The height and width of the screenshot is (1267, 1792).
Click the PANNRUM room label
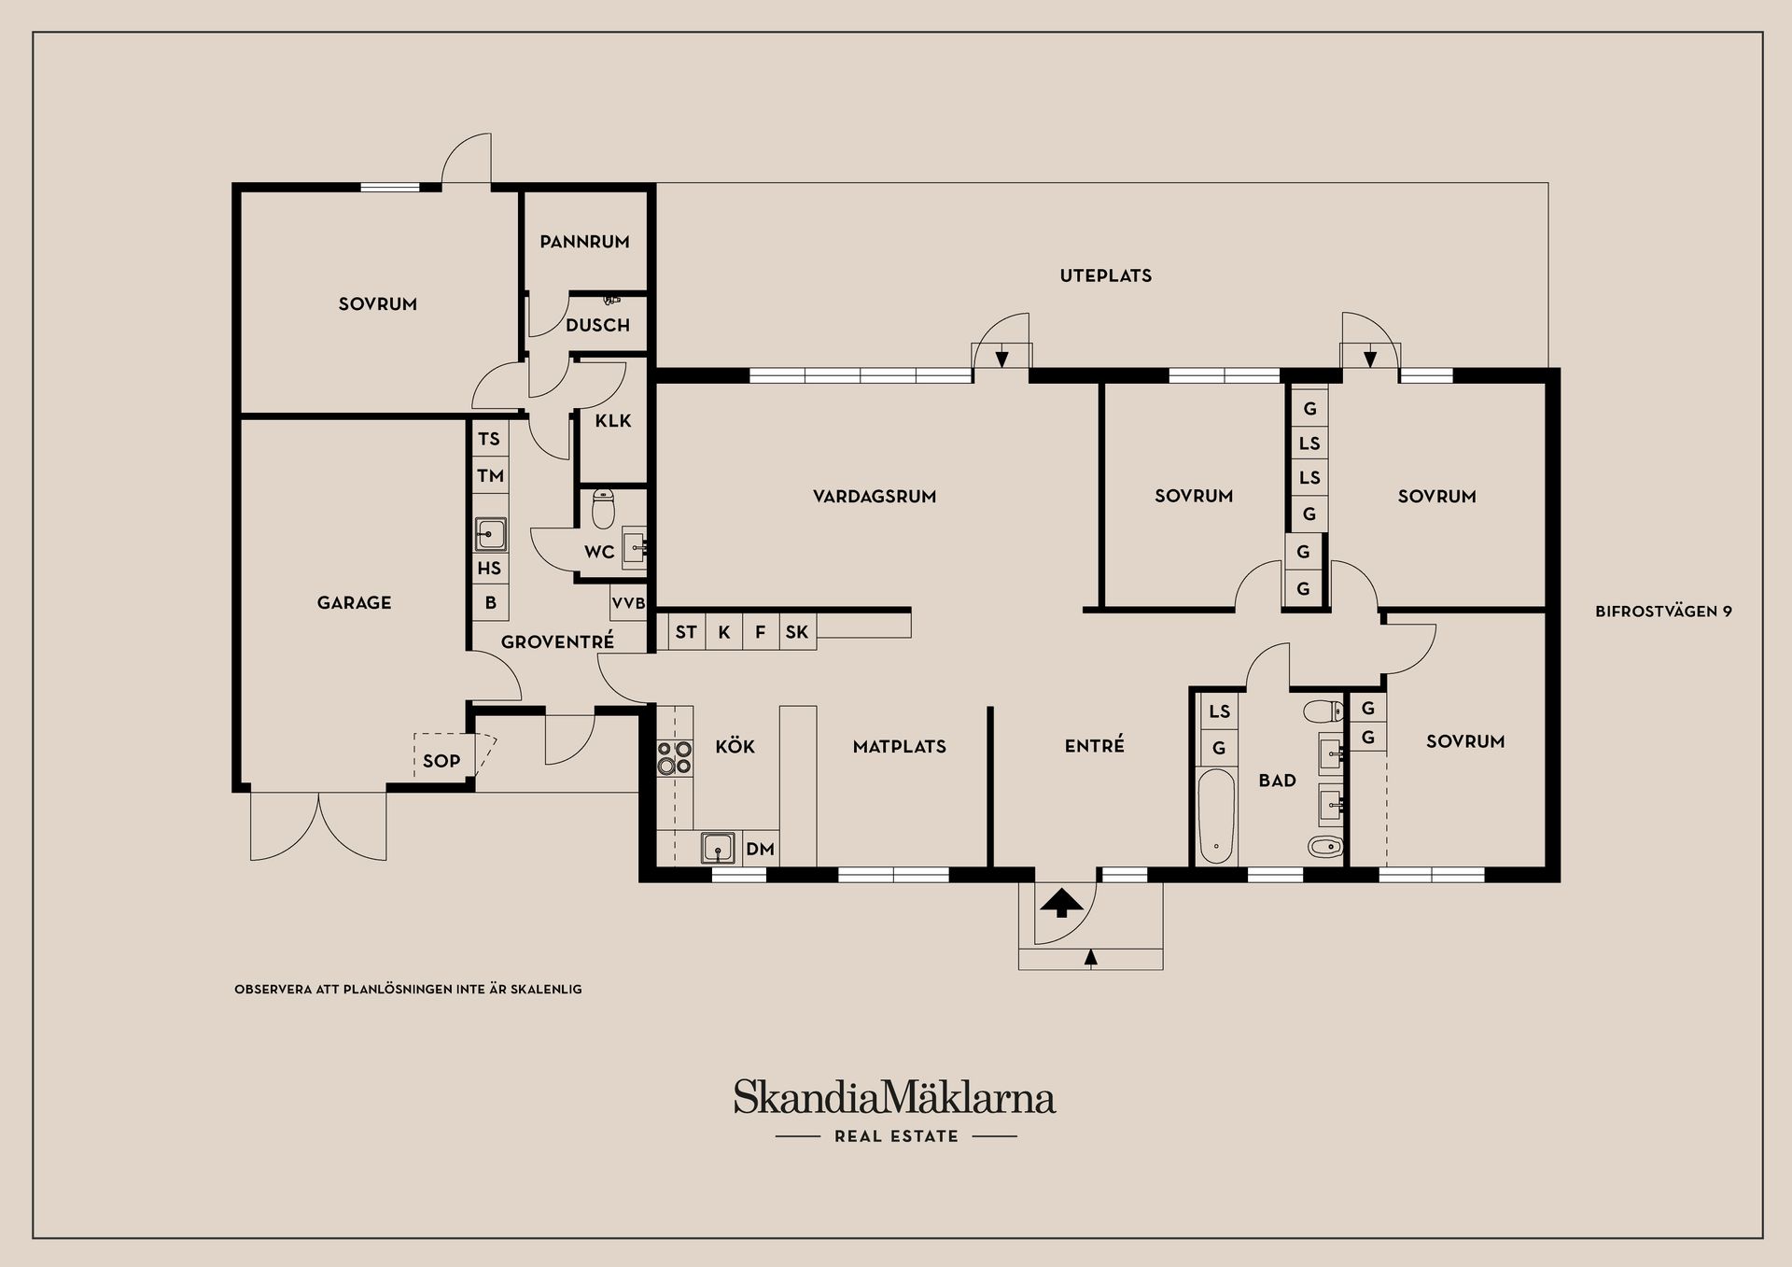click(x=584, y=242)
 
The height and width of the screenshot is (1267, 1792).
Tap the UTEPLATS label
click(x=1106, y=275)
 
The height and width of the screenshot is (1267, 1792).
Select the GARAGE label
click(x=354, y=603)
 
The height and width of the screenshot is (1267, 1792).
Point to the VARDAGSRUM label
click(x=875, y=497)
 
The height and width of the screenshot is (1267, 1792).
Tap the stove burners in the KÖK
click(x=674, y=757)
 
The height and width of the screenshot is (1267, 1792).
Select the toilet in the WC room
click(x=603, y=510)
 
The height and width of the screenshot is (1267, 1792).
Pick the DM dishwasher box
click(x=761, y=850)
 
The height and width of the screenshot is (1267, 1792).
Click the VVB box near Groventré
click(x=628, y=603)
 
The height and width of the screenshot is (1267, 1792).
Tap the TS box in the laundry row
click(x=489, y=439)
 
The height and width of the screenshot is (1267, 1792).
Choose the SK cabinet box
click(x=797, y=632)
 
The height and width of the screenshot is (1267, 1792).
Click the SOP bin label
click(x=441, y=761)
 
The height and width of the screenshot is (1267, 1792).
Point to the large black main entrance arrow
click(x=1061, y=904)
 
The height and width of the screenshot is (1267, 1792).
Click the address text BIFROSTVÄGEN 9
click(x=1663, y=612)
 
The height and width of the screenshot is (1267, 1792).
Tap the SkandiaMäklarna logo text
click(x=894, y=1097)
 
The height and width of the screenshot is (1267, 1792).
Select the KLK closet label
click(x=613, y=421)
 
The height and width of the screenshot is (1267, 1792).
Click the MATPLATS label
click(x=900, y=747)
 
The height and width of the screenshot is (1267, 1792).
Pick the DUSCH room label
click(x=597, y=326)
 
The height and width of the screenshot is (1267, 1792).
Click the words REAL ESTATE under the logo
click(x=896, y=1136)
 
